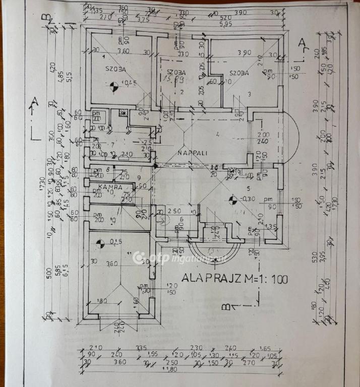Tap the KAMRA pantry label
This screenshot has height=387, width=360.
coord(109,187)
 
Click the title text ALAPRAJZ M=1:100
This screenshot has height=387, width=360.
coord(235,278)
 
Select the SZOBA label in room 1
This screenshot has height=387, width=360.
coord(115,69)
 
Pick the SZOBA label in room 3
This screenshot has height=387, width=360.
coord(239,73)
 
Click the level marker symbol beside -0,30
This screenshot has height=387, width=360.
coord(232,201)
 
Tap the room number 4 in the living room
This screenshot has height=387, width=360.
coord(217,134)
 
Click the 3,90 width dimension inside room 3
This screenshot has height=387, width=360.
coord(245,53)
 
